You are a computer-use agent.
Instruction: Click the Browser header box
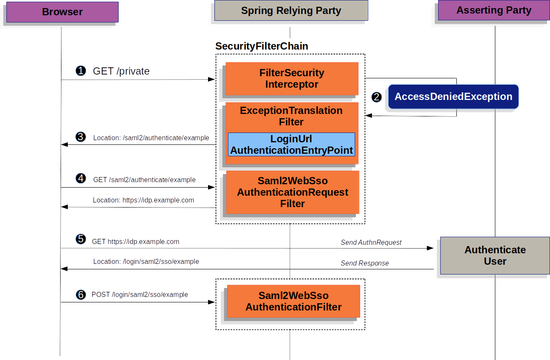[62, 12]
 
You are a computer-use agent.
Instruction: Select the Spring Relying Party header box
[291, 11]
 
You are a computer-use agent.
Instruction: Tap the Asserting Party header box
[494, 10]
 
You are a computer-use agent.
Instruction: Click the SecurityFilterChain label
[261, 46]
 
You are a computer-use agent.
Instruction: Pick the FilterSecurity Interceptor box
[292, 79]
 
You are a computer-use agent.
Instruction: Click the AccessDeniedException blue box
[453, 97]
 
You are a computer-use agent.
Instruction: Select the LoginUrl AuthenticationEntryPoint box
[292, 144]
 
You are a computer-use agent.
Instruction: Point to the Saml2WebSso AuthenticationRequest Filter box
[292, 192]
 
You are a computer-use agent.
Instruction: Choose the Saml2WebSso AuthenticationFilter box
[293, 301]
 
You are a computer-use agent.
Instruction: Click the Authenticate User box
[494, 255]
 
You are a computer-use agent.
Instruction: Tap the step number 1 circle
[81, 71]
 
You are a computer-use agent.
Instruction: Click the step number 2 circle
[376, 97]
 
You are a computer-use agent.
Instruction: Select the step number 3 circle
[81, 137]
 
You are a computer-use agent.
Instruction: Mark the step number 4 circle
[81, 178]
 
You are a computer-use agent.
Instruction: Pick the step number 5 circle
[81, 239]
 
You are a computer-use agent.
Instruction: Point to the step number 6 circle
[81, 294]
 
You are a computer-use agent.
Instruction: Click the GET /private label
[121, 71]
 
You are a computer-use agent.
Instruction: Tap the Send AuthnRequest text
[371, 243]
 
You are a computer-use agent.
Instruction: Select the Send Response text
[364, 263]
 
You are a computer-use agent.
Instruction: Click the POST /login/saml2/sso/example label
[140, 294]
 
